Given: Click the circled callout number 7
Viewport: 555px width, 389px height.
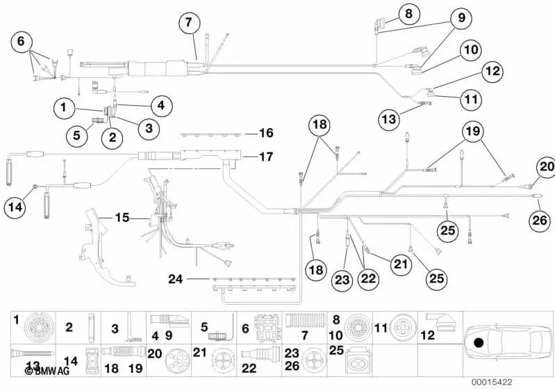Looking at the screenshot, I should [x=188, y=22].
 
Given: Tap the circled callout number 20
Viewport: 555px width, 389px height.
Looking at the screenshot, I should [x=545, y=168].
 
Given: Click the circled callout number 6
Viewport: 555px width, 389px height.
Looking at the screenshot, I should [x=22, y=42].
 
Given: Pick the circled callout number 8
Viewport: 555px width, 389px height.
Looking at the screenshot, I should [x=408, y=13].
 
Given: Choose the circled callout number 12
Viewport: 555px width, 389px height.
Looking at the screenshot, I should [x=492, y=70].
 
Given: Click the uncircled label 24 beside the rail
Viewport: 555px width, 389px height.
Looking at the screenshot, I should [x=176, y=279].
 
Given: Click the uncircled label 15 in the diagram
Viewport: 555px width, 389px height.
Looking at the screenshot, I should [x=122, y=218].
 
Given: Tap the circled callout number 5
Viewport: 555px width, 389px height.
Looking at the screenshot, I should [x=76, y=134].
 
